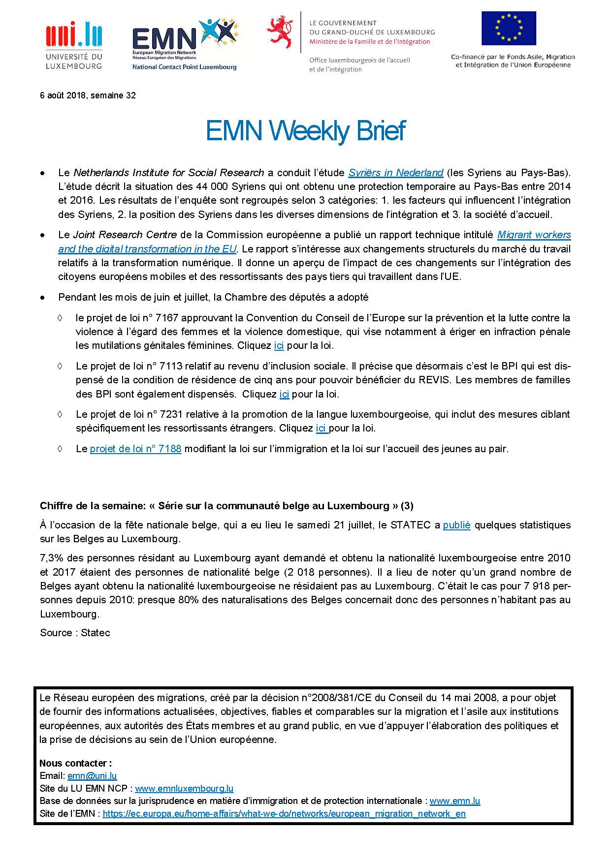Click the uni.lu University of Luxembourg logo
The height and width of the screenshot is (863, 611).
click(74, 44)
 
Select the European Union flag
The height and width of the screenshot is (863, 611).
click(509, 29)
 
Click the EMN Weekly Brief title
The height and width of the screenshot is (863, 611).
click(305, 131)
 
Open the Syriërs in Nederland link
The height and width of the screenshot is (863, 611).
click(396, 173)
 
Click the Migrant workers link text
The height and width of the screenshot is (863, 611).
click(534, 235)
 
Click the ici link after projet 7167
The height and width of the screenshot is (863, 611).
click(279, 345)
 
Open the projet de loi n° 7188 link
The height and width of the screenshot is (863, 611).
click(136, 449)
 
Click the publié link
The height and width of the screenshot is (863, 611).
click(456, 525)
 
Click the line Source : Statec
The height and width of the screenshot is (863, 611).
click(75, 633)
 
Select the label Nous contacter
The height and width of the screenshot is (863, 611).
click(76, 763)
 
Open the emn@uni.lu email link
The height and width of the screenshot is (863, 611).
click(92, 776)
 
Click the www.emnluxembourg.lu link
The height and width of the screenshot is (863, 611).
click(184, 788)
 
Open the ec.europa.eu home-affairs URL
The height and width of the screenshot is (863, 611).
click(284, 813)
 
